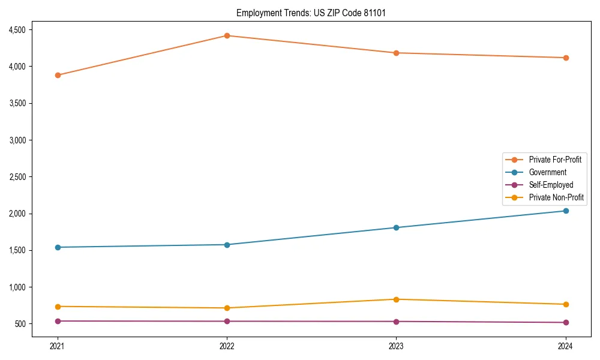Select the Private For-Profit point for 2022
coord(227,35)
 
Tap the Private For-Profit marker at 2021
coord(58,75)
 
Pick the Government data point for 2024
coord(565,211)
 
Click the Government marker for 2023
coord(396,227)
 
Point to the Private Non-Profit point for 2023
coord(396,299)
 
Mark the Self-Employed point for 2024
coord(565,322)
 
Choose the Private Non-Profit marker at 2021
coord(58,307)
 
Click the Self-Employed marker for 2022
coord(227,321)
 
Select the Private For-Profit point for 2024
coord(565,58)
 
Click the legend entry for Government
coord(547,172)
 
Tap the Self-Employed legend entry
coord(551,185)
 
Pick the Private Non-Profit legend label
coord(556,197)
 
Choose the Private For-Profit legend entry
coord(555,160)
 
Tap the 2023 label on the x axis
coord(396,346)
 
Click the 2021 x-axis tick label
coord(58,346)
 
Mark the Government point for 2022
coord(227,245)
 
